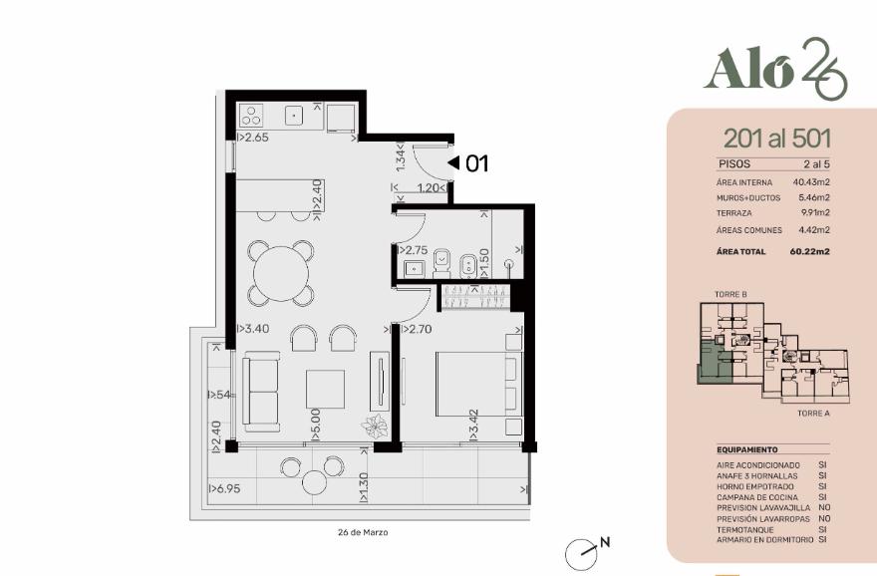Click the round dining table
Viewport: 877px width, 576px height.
pyautogui.click(x=281, y=274)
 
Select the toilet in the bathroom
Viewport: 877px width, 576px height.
pyautogui.click(x=441, y=263)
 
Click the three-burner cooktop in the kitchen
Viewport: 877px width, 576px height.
pyautogui.click(x=250, y=117)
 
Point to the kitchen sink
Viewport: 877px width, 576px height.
pyautogui.click(x=294, y=116)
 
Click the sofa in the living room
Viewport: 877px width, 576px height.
pyautogui.click(x=261, y=392)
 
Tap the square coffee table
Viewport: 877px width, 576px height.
pyautogui.click(x=325, y=390)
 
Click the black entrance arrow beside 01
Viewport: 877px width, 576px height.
pyautogui.click(x=453, y=162)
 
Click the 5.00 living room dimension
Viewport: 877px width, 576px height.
pyautogui.click(x=315, y=424)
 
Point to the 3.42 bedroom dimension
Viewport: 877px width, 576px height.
pyautogui.click(x=473, y=425)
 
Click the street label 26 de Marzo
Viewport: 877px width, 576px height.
pyautogui.click(x=363, y=532)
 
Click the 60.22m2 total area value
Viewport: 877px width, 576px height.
pyautogui.click(x=810, y=252)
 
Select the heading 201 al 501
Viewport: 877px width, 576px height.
pyautogui.click(x=777, y=139)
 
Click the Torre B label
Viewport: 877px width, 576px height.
pyautogui.click(x=731, y=294)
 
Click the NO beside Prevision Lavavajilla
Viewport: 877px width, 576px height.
pyautogui.click(x=824, y=508)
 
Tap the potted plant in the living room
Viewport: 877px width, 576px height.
pyautogui.click(x=374, y=427)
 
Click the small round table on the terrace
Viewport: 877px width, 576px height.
pyautogui.click(x=314, y=482)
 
